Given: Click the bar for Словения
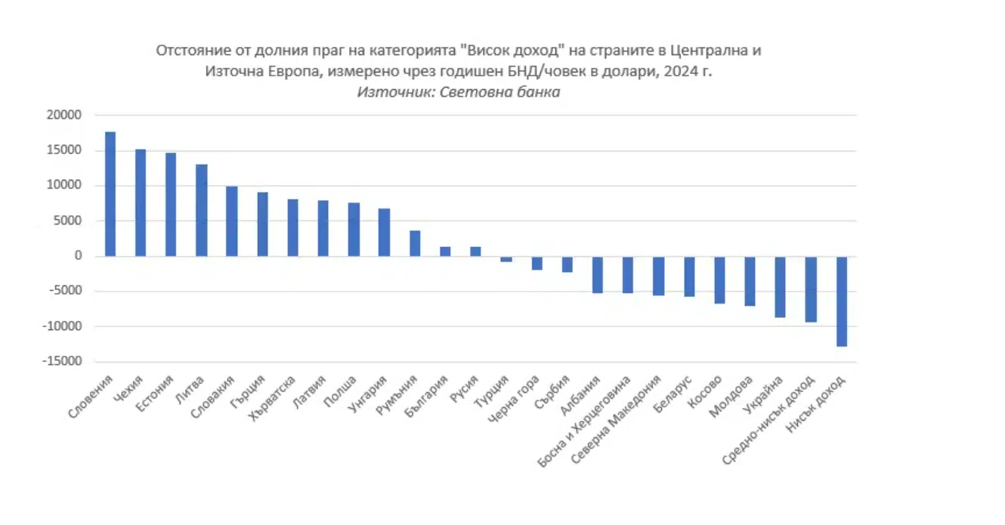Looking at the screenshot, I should point(110,194).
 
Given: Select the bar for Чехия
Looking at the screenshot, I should point(141,202).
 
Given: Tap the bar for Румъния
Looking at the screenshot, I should point(415,243).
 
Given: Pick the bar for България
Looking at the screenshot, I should point(445,252).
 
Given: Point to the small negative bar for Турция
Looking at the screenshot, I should point(506,259).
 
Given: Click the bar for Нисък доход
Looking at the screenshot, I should point(841,301).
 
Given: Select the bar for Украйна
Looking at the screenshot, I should point(781,287).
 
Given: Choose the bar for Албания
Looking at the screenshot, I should point(598,274).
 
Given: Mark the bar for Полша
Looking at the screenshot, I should point(354,230).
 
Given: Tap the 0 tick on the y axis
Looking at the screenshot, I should point(78,256).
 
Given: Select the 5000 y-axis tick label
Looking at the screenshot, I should point(67,221).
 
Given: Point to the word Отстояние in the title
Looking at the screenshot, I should point(189,51).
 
